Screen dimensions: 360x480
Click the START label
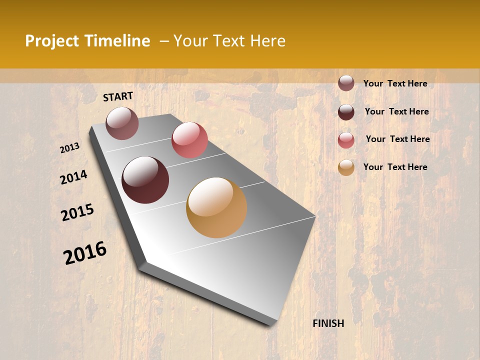(118, 96)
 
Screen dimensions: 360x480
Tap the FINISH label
(328, 323)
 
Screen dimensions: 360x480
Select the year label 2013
(70, 148)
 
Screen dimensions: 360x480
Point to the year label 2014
(73, 177)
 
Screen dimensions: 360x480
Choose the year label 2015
(77, 212)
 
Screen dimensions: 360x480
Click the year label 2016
(85, 252)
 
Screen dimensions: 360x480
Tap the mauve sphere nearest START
(122, 123)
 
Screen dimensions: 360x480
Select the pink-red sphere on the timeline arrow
(189, 140)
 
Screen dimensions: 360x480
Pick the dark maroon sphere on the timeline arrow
(145, 180)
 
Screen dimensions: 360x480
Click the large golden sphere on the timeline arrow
(216, 207)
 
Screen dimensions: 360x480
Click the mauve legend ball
(346, 83)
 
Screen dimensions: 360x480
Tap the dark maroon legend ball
(346, 112)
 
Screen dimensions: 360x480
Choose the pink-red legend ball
(346, 140)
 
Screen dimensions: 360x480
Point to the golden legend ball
(346, 167)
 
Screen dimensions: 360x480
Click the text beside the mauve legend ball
(395, 83)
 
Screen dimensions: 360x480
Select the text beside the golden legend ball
(395, 167)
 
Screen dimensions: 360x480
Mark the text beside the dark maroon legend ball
(396, 111)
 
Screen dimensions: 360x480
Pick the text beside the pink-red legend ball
(397, 139)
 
